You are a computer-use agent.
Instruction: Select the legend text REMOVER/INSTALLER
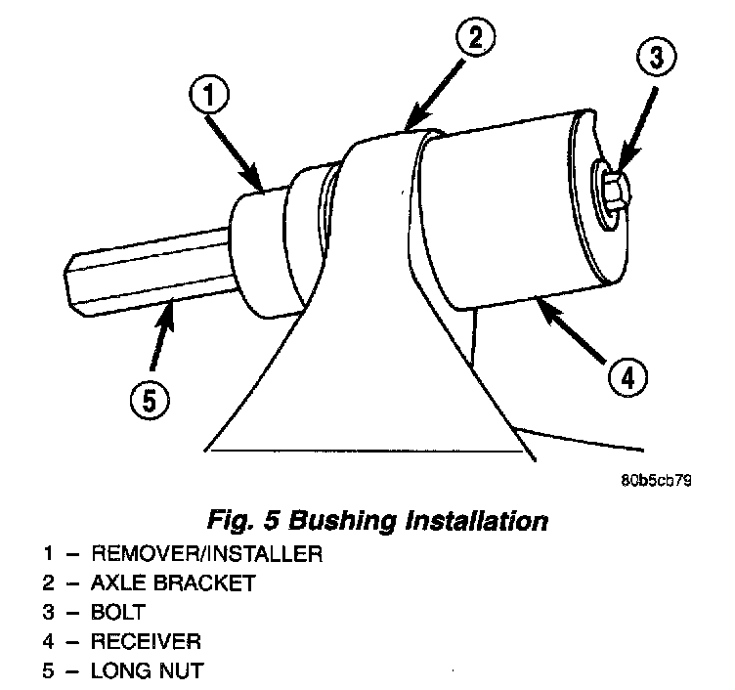[206, 554]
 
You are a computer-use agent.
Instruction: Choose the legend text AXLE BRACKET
[173, 583]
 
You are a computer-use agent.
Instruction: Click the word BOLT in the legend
[119, 613]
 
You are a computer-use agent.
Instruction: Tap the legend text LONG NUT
[146, 671]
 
